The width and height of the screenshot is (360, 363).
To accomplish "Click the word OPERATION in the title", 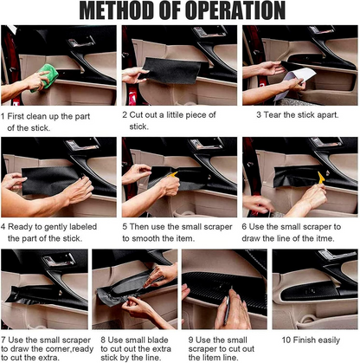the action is tap(235, 10).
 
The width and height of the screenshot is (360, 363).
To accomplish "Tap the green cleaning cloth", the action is tap(45, 77).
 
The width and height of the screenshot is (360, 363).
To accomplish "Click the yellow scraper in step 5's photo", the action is tap(173, 174).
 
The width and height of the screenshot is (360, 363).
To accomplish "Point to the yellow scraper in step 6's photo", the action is tap(321, 177).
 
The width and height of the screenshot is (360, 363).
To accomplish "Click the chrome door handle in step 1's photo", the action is tap(81, 42).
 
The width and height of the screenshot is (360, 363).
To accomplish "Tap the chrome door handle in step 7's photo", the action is tap(59, 260).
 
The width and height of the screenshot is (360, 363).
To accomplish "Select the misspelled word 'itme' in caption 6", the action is tap(324, 238).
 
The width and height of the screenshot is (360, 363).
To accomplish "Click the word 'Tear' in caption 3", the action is tap(273, 114).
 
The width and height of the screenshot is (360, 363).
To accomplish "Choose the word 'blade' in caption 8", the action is tap(157, 340).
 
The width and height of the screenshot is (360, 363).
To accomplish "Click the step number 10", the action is tap(286, 340).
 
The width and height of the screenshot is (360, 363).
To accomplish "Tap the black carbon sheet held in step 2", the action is tap(172, 71).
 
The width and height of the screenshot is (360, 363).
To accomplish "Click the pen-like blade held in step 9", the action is tap(228, 308).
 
